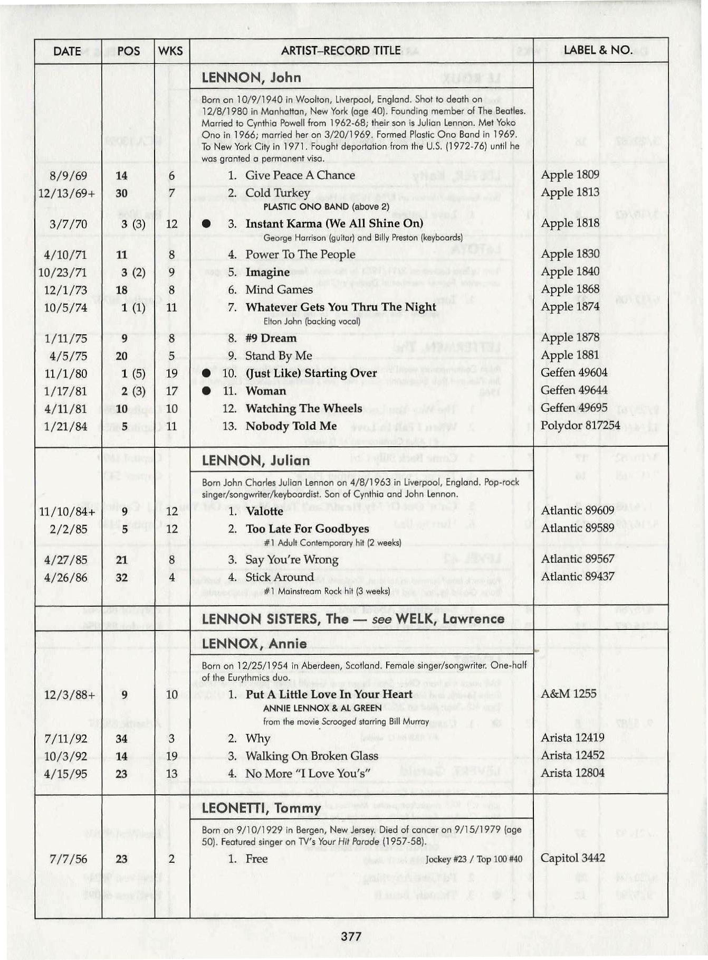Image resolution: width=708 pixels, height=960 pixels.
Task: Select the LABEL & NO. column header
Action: pyautogui.click(x=598, y=50)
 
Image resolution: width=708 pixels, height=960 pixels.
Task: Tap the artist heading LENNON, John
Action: pyautogui.click(x=251, y=78)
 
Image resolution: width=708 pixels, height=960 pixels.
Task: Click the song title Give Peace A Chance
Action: pyautogui.click(x=300, y=175)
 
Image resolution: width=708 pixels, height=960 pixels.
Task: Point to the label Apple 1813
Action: pyautogui.click(x=570, y=192)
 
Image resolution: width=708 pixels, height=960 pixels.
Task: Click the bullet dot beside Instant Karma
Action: pyautogui.click(x=207, y=224)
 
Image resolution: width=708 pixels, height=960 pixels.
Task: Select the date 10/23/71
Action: pyautogui.click(x=63, y=272)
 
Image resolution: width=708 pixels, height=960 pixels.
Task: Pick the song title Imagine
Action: pyautogui.click(x=267, y=272)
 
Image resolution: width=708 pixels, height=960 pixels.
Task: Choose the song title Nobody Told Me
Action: pyautogui.click(x=291, y=426)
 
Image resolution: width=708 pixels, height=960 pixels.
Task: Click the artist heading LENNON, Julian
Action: pyautogui.click(x=255, y=460)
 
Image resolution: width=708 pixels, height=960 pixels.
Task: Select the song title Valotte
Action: pyautogui.click(x=264, y=511)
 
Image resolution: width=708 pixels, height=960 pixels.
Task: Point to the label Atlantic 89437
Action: pyautogui.click(x=577, y=577)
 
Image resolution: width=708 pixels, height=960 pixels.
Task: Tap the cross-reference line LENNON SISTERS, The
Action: pyautogui.click(x=353, y=619)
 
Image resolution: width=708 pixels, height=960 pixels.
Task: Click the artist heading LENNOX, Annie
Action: pyautogui.click(x=254, y=644)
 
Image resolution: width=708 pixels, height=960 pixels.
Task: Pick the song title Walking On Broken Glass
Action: pyautogui.click(x=311, y=756)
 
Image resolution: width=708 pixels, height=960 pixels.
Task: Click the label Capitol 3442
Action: pyautogui.click(x=572, y=858)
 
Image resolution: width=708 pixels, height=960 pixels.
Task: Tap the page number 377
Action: pyautogui.click(x=351, y=936)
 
